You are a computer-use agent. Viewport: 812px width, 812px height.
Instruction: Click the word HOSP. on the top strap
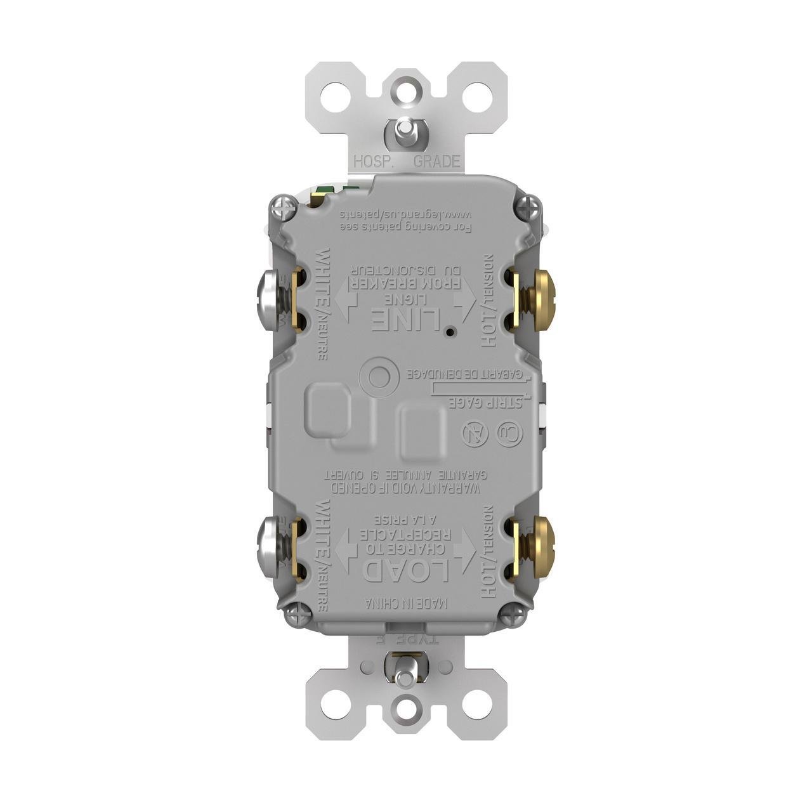[374, 162]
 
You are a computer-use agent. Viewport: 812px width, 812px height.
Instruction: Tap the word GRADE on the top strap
[437, 162]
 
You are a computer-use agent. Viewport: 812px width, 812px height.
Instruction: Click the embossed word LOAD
[406, 569]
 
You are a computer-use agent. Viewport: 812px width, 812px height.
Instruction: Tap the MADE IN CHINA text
[406, 603]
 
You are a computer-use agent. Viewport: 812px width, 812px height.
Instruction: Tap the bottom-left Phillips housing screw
[298, 614]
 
